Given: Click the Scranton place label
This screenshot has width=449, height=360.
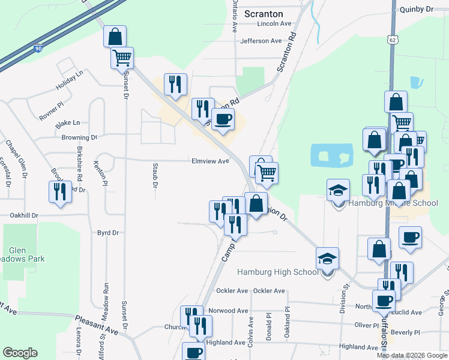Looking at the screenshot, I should (x=265, y=13).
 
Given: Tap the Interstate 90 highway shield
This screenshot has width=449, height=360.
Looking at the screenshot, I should (x=38, y=48).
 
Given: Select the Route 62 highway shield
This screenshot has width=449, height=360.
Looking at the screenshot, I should (x=392, y=39).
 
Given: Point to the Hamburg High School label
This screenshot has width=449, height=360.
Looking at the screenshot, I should (x=278, y=272).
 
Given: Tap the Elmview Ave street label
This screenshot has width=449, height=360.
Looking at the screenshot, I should (x=210, y=161).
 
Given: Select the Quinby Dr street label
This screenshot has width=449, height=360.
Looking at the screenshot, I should (x=420, y=9).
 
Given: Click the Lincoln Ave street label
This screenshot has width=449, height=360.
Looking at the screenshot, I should (x=274, y=24).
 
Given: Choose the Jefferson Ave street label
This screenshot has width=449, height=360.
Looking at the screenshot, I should (x=261, y=41).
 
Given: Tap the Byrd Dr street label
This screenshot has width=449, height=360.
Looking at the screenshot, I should (x=108, y=232).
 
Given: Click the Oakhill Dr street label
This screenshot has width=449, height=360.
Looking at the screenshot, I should (x=23, y=215).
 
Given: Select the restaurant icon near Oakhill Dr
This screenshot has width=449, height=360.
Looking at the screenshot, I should (x=59, y=192).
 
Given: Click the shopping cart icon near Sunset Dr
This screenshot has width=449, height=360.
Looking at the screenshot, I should (x=122, y=58).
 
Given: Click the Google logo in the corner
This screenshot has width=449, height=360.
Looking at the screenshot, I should (x=20, y=353).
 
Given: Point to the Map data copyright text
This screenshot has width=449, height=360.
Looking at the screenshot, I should (x=411, y=355).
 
